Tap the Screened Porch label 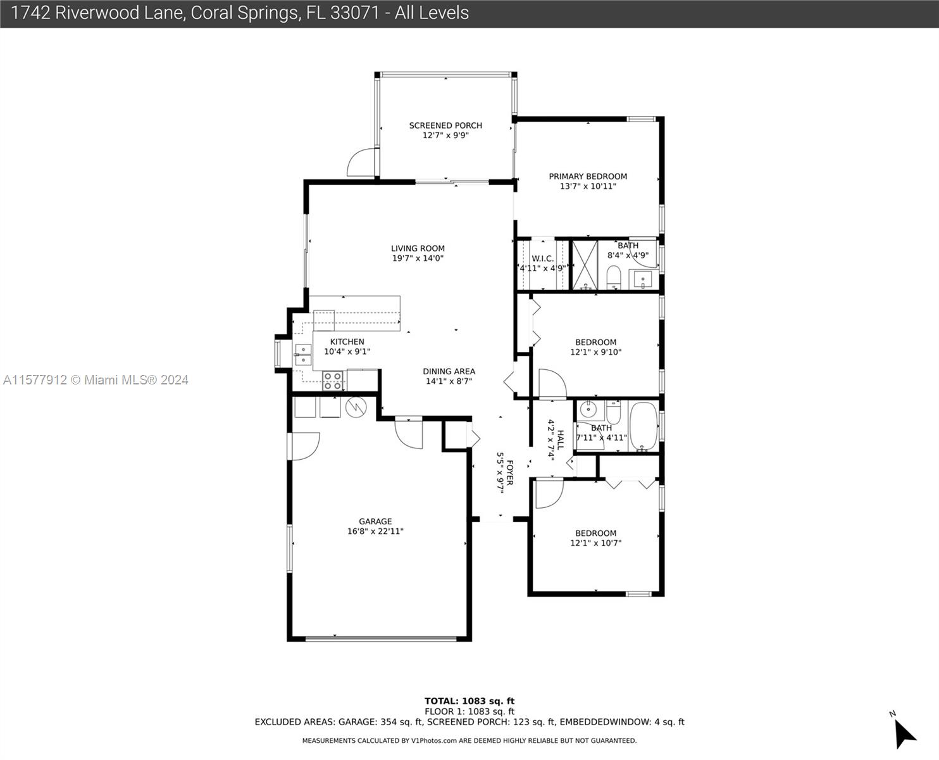click(445, 125)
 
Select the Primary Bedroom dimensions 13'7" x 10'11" click(588, 186)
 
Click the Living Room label click(418, 248)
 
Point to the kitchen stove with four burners click(333, 381)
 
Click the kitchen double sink click(303, 355)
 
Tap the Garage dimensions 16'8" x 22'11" click(375, 531)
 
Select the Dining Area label click(449, 371)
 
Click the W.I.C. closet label click(542, 258)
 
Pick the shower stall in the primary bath click(585, 265)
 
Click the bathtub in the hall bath click(644, 426)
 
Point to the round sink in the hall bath click(588, 410)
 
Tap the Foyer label click(509, 472)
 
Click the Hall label click(561, 440)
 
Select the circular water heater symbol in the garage click(356, 407)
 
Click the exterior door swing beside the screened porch click(361, 162)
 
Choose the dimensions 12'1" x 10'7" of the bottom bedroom click(595, 543)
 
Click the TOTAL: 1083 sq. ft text click(469, 701)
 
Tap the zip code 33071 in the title click(354, 13)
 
